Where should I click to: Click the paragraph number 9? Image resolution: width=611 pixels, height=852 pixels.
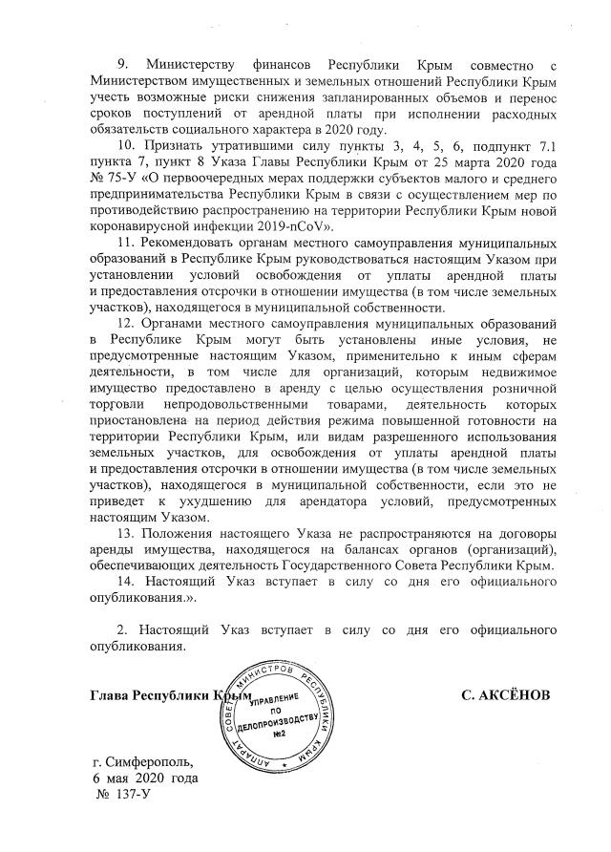tap(121, 63)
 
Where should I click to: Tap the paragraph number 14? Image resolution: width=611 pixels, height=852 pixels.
tap(125, 583)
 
